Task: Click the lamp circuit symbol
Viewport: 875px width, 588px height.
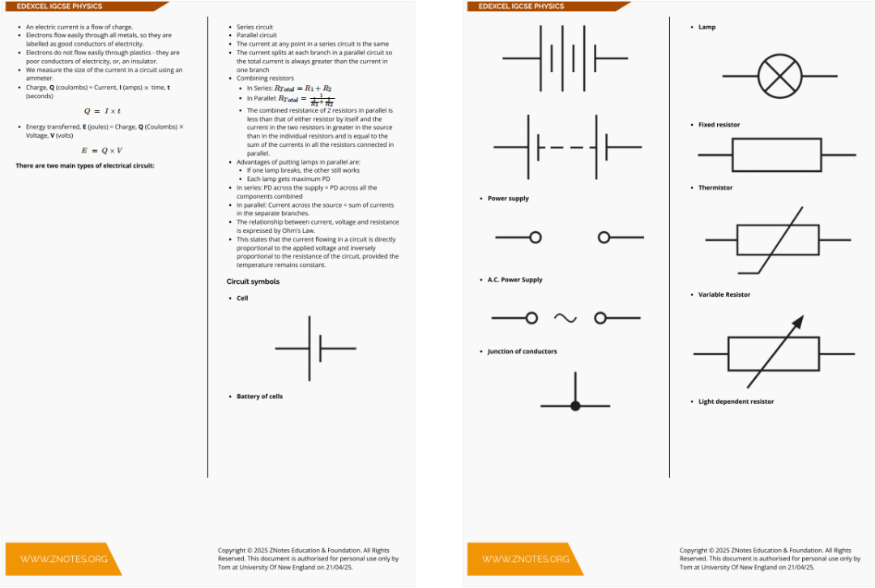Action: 779,76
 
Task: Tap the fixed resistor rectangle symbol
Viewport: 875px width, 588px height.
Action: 776,154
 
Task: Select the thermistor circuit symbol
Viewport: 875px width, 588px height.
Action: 777,240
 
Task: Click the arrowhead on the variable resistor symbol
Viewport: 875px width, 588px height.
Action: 797,322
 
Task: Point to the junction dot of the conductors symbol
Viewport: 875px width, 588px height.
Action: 575,406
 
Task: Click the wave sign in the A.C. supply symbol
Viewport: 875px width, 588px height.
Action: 566,318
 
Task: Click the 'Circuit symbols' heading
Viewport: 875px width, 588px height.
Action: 253,281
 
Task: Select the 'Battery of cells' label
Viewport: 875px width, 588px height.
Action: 259,397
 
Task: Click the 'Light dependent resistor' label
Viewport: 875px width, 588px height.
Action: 736,401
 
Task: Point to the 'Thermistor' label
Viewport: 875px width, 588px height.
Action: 715,187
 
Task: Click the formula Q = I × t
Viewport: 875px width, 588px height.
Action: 102,111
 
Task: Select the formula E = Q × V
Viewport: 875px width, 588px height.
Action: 102,151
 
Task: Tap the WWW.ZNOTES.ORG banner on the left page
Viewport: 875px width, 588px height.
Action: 63,559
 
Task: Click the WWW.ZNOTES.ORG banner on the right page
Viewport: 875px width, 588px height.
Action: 525,559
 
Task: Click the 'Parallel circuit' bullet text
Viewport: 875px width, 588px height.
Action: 257,36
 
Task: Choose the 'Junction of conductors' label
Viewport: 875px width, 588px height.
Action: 522,351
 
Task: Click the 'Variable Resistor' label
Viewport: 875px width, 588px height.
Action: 724,294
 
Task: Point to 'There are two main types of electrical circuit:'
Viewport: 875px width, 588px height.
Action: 85,165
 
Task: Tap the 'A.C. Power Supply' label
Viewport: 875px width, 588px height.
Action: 514,280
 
